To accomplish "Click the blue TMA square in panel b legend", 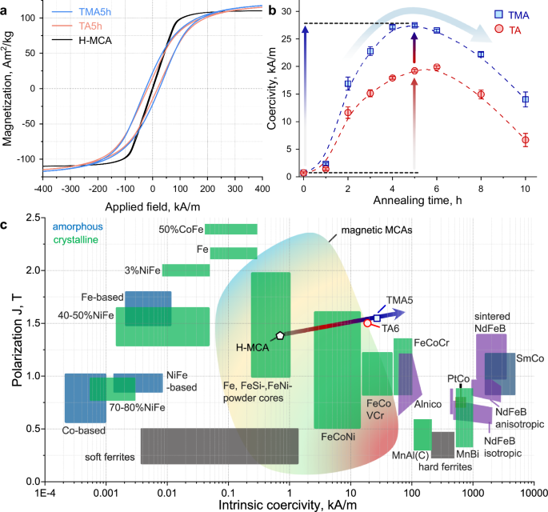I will (494, 15).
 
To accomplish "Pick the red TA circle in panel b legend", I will (494, 30).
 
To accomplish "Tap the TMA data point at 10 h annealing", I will (525, 100).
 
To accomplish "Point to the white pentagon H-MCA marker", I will (279, 336).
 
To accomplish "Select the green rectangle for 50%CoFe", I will (231, 230).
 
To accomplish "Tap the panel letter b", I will (273, 9).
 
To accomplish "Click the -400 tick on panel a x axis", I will (46, 186).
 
